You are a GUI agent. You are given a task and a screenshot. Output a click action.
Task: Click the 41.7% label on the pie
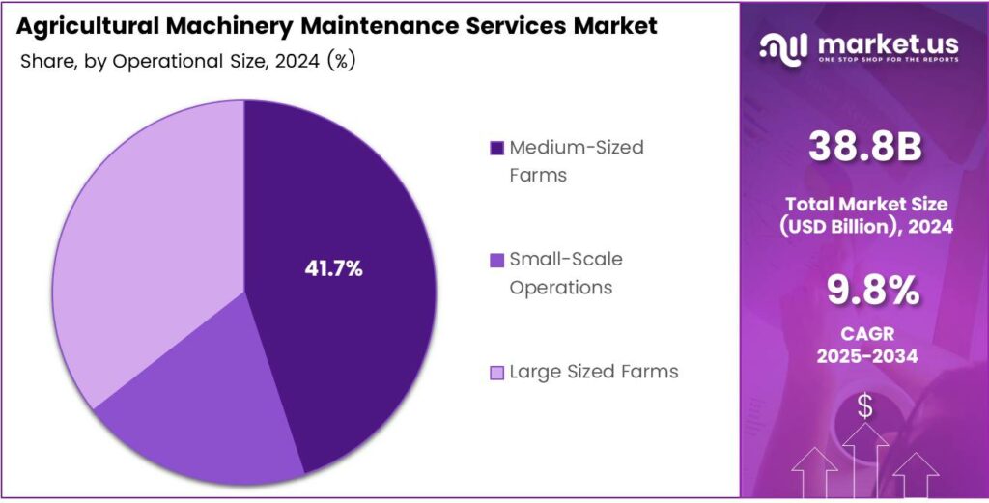pos(333,269)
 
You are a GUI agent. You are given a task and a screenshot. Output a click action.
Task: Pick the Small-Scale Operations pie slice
pos(203,425)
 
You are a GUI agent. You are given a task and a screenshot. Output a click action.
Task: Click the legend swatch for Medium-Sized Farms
pos(496,148)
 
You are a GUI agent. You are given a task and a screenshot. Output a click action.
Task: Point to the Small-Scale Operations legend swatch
pos(496,260)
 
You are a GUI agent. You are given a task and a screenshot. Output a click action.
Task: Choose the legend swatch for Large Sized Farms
pos(496,372)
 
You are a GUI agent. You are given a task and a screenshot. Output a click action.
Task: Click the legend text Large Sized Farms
pos(594,372)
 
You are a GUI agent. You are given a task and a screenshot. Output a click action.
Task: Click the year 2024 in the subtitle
pos(295,61)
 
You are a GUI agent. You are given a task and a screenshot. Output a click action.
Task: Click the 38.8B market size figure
pos(864,148)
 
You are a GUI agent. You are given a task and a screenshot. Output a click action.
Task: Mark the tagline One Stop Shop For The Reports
pos(889,60)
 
